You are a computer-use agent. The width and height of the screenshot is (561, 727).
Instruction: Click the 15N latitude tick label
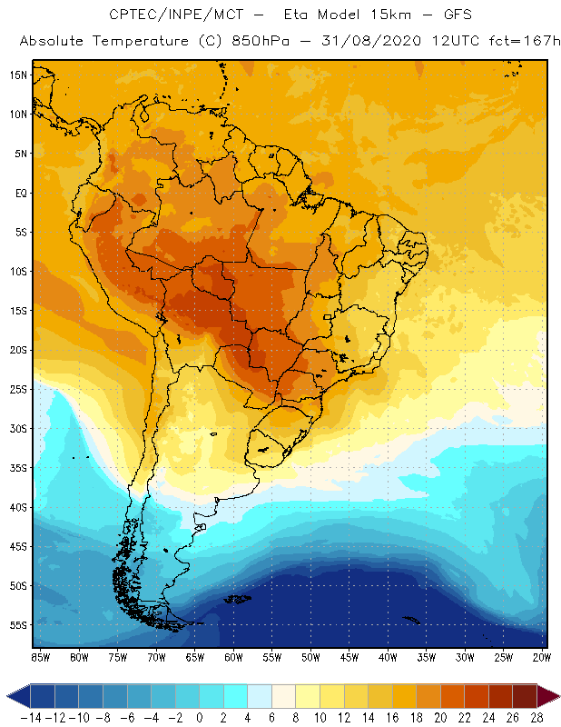(x=19, y=75)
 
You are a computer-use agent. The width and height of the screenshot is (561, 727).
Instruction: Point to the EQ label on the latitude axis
(x=20, y=193)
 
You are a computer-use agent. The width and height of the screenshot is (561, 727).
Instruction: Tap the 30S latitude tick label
(x=19, y=428)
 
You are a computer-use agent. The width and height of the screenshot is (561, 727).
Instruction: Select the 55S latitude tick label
(x=19, y=625)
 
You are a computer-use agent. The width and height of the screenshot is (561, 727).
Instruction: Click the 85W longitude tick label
(x=40, y=657)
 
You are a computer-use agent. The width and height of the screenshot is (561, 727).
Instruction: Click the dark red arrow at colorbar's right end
(x=549, y=696)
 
